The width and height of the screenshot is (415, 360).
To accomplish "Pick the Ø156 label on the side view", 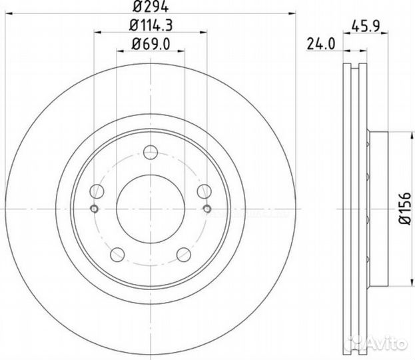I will coord(402,207).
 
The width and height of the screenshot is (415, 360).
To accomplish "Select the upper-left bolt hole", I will coord(97,192).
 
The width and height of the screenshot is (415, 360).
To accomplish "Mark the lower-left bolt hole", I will coord(117,253).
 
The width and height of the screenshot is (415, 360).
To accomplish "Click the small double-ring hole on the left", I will coord(94,210).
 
